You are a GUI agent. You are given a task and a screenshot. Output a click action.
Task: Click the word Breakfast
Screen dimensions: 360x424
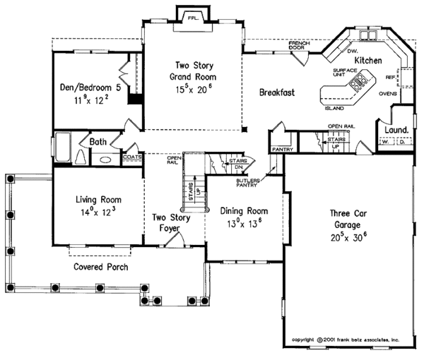(x=276, y=92)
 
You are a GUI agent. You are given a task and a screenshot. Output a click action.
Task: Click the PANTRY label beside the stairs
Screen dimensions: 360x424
(x=282, y=149)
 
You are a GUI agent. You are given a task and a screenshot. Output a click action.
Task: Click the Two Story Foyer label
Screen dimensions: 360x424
(x=170, y=223)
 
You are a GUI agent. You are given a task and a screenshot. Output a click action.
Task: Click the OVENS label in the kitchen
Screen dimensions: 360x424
(x=387, y=92)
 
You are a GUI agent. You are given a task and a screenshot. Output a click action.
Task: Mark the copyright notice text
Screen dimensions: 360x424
(x=346, y=340)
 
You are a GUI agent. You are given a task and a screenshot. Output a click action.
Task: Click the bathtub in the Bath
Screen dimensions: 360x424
(x=62, y=150)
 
